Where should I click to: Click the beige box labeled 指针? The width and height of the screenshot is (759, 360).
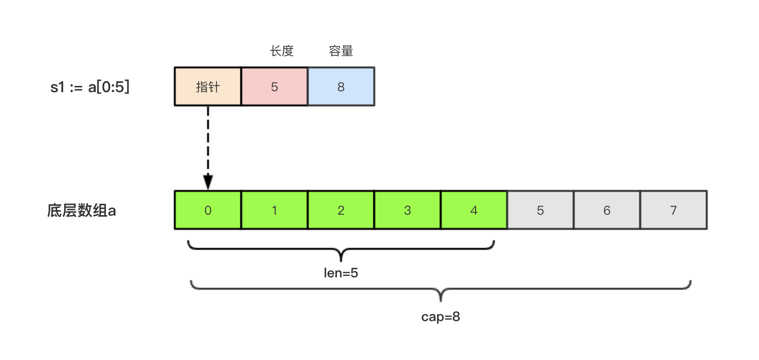point(208,86)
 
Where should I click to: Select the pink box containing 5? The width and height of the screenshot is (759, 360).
point(275,86)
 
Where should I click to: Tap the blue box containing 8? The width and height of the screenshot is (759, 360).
point(341,86)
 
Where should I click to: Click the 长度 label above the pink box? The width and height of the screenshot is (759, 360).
point(282,51)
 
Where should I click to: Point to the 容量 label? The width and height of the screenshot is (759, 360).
point(341,51)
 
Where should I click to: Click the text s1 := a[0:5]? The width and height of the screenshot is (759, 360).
point(90,87)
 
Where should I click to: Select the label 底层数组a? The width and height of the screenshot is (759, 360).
point(81,210)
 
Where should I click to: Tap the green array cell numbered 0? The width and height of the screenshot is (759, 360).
point(208,210)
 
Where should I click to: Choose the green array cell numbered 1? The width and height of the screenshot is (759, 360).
point(275,210)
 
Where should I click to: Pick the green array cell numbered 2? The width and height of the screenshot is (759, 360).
point(341,210)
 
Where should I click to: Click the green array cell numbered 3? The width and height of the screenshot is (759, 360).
point(408,210)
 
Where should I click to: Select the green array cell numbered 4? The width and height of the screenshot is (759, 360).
point(474,210)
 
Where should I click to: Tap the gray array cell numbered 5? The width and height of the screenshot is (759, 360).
point(541,210)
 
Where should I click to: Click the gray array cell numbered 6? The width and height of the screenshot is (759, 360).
point(607,210)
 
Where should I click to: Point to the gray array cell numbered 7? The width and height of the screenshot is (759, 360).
point(674,210)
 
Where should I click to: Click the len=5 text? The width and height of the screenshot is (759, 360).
point(341,273)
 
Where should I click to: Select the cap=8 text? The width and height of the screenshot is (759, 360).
point(441,317)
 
